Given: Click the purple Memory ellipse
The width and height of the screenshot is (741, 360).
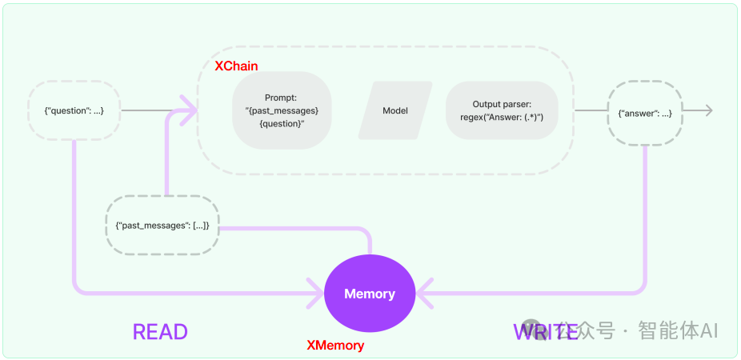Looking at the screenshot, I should point(369,294).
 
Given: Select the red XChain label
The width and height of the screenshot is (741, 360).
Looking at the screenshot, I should point(236,66).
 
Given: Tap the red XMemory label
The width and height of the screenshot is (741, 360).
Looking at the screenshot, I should point(335,346).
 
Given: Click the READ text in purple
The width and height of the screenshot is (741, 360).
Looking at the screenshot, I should point(160,332).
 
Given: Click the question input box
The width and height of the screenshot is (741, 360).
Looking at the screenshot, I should point(74,110).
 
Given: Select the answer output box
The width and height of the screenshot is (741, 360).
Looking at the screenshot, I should point(645,113).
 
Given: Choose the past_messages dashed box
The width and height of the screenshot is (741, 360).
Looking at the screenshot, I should point(162,226).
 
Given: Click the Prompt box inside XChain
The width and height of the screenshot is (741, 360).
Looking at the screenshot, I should point(282,110).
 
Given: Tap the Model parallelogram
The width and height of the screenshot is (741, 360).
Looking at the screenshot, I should point(395,110).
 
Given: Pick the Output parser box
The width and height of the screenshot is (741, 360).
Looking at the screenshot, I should point(502,110).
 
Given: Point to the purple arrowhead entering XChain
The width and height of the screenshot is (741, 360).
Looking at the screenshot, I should point(190,110).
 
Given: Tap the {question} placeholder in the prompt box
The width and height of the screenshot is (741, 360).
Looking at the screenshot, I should point(282,123).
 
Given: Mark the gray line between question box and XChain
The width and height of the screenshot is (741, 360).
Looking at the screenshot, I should point(148,110).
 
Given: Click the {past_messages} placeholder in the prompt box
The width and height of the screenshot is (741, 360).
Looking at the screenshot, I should point(282,110).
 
